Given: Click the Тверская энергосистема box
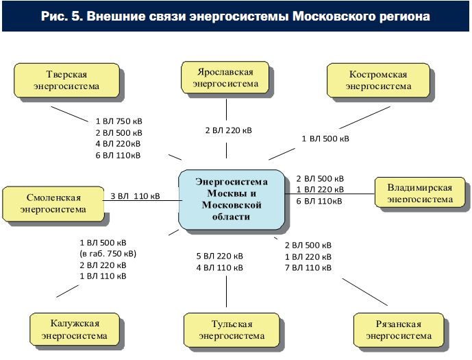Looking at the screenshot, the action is coord(67,80).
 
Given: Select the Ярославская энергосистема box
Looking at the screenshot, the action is coord(225,77).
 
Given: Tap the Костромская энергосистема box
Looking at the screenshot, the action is coord(378,80).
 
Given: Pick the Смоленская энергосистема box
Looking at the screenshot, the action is coord(53,204).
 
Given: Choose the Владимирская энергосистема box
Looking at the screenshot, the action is coord(420,192).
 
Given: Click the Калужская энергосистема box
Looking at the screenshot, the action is coord(75,329).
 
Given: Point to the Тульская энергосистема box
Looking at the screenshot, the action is coord(232,330).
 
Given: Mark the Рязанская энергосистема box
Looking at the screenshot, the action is coord(399,330).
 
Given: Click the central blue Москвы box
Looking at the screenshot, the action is coord(232,200).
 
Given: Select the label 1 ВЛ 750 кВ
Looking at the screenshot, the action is coord(119,121).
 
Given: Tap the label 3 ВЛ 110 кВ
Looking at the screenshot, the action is coord(135,196).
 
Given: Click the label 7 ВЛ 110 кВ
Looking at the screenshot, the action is coord(308,267).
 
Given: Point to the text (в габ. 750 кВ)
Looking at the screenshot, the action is coord(108,254).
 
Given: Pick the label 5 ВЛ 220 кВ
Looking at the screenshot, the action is coord(220,256).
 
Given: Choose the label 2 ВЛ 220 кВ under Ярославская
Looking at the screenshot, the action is coord(229,130).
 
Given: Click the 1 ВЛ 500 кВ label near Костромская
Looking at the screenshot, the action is coord(325,139).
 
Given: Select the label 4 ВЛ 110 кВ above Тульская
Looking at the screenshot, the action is coord(220,267).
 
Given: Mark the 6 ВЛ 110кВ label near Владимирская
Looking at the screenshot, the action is coord(319,201).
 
